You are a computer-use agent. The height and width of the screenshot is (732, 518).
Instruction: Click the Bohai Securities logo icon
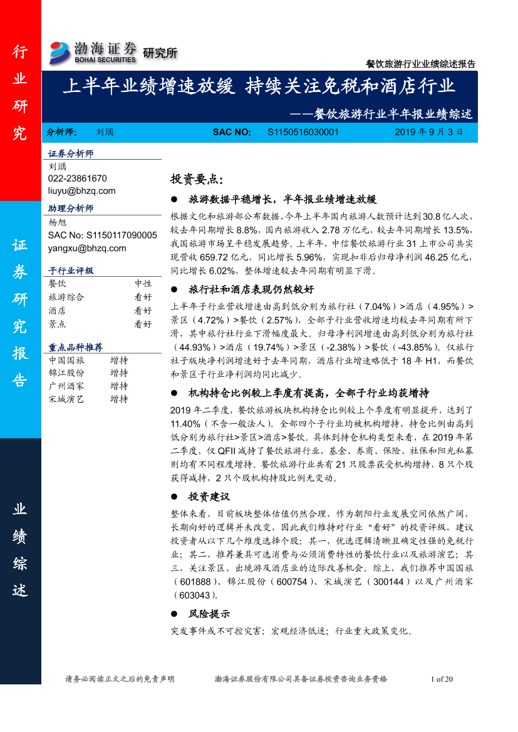60,53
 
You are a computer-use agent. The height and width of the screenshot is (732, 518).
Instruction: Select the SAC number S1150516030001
303,132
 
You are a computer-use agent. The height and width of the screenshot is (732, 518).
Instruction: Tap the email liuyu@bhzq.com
81,190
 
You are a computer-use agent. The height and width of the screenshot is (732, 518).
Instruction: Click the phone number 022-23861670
77,178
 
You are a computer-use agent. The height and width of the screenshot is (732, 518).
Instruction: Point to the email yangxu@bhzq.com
86,248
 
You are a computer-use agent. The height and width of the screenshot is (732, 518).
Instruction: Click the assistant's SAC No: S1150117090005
102,235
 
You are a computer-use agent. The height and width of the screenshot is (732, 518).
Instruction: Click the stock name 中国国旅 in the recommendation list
66,360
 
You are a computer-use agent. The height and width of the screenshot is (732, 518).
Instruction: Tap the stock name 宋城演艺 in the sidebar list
66,399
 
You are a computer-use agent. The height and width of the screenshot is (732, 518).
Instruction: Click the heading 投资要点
196,179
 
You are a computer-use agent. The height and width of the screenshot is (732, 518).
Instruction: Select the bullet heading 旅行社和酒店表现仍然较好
251,289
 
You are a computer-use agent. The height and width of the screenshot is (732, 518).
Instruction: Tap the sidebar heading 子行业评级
71,271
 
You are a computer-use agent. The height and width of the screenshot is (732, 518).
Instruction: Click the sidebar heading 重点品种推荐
75,347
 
